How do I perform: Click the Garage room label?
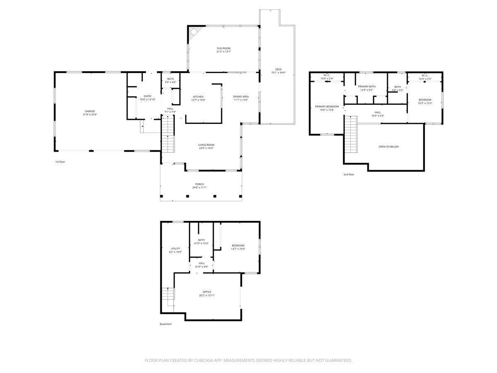pyautogui.click(x=90, y=111)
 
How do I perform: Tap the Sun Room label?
pyautogui.click(x=223, y=48)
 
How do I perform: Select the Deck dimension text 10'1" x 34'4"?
pyautogui.click(x=278, y=73)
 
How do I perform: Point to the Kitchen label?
pyautogui.click(x=198, y=97)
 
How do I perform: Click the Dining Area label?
pyautogui.click(x=241, y=97)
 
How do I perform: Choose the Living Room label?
pyautogui.click(x=206, y=145)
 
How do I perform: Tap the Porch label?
pyautogui.click(x=200, y=184)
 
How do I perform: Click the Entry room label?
pyautogui.click(x=147, y=96)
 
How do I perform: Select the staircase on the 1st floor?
pyautogui.click(x=167, y=135)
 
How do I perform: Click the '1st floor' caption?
pyautogui.click(x=60, y=162)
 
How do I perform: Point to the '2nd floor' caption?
pyautogui.click(x=349, y=174)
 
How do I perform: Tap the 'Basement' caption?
pyautogui.click(x=166, y=324)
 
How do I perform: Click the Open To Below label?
pyautogui.click(x=388, y=147)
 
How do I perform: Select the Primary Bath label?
pyautogui.click(x=367, y=86)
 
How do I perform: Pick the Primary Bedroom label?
pyautogui.click(x=326, y=107)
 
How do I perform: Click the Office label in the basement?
pyautogui.click(x=207, y=292)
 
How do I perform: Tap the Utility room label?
pyautogui.click(x=175, y=248)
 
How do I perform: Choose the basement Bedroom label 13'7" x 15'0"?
pyautogui.click(x=238, y=245)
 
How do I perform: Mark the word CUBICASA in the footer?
pyautogui.click(x=207, y=361)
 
